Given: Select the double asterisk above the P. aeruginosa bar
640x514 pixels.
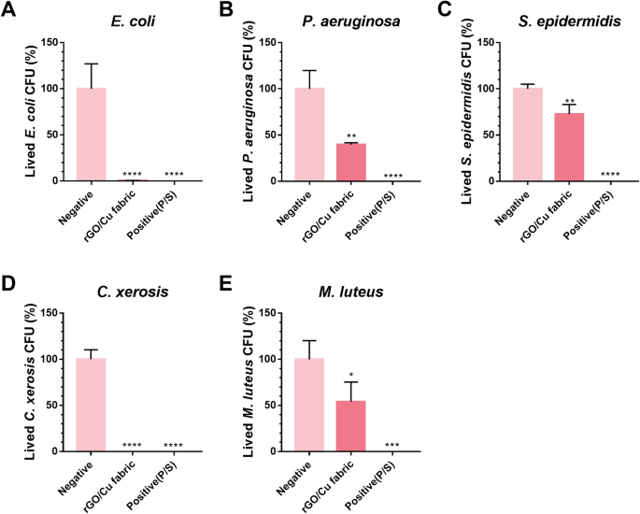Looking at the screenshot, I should pyautogui.click(x=324, y=136).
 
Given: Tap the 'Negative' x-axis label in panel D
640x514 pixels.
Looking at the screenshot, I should pyautogui.click(x=79, y=478).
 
